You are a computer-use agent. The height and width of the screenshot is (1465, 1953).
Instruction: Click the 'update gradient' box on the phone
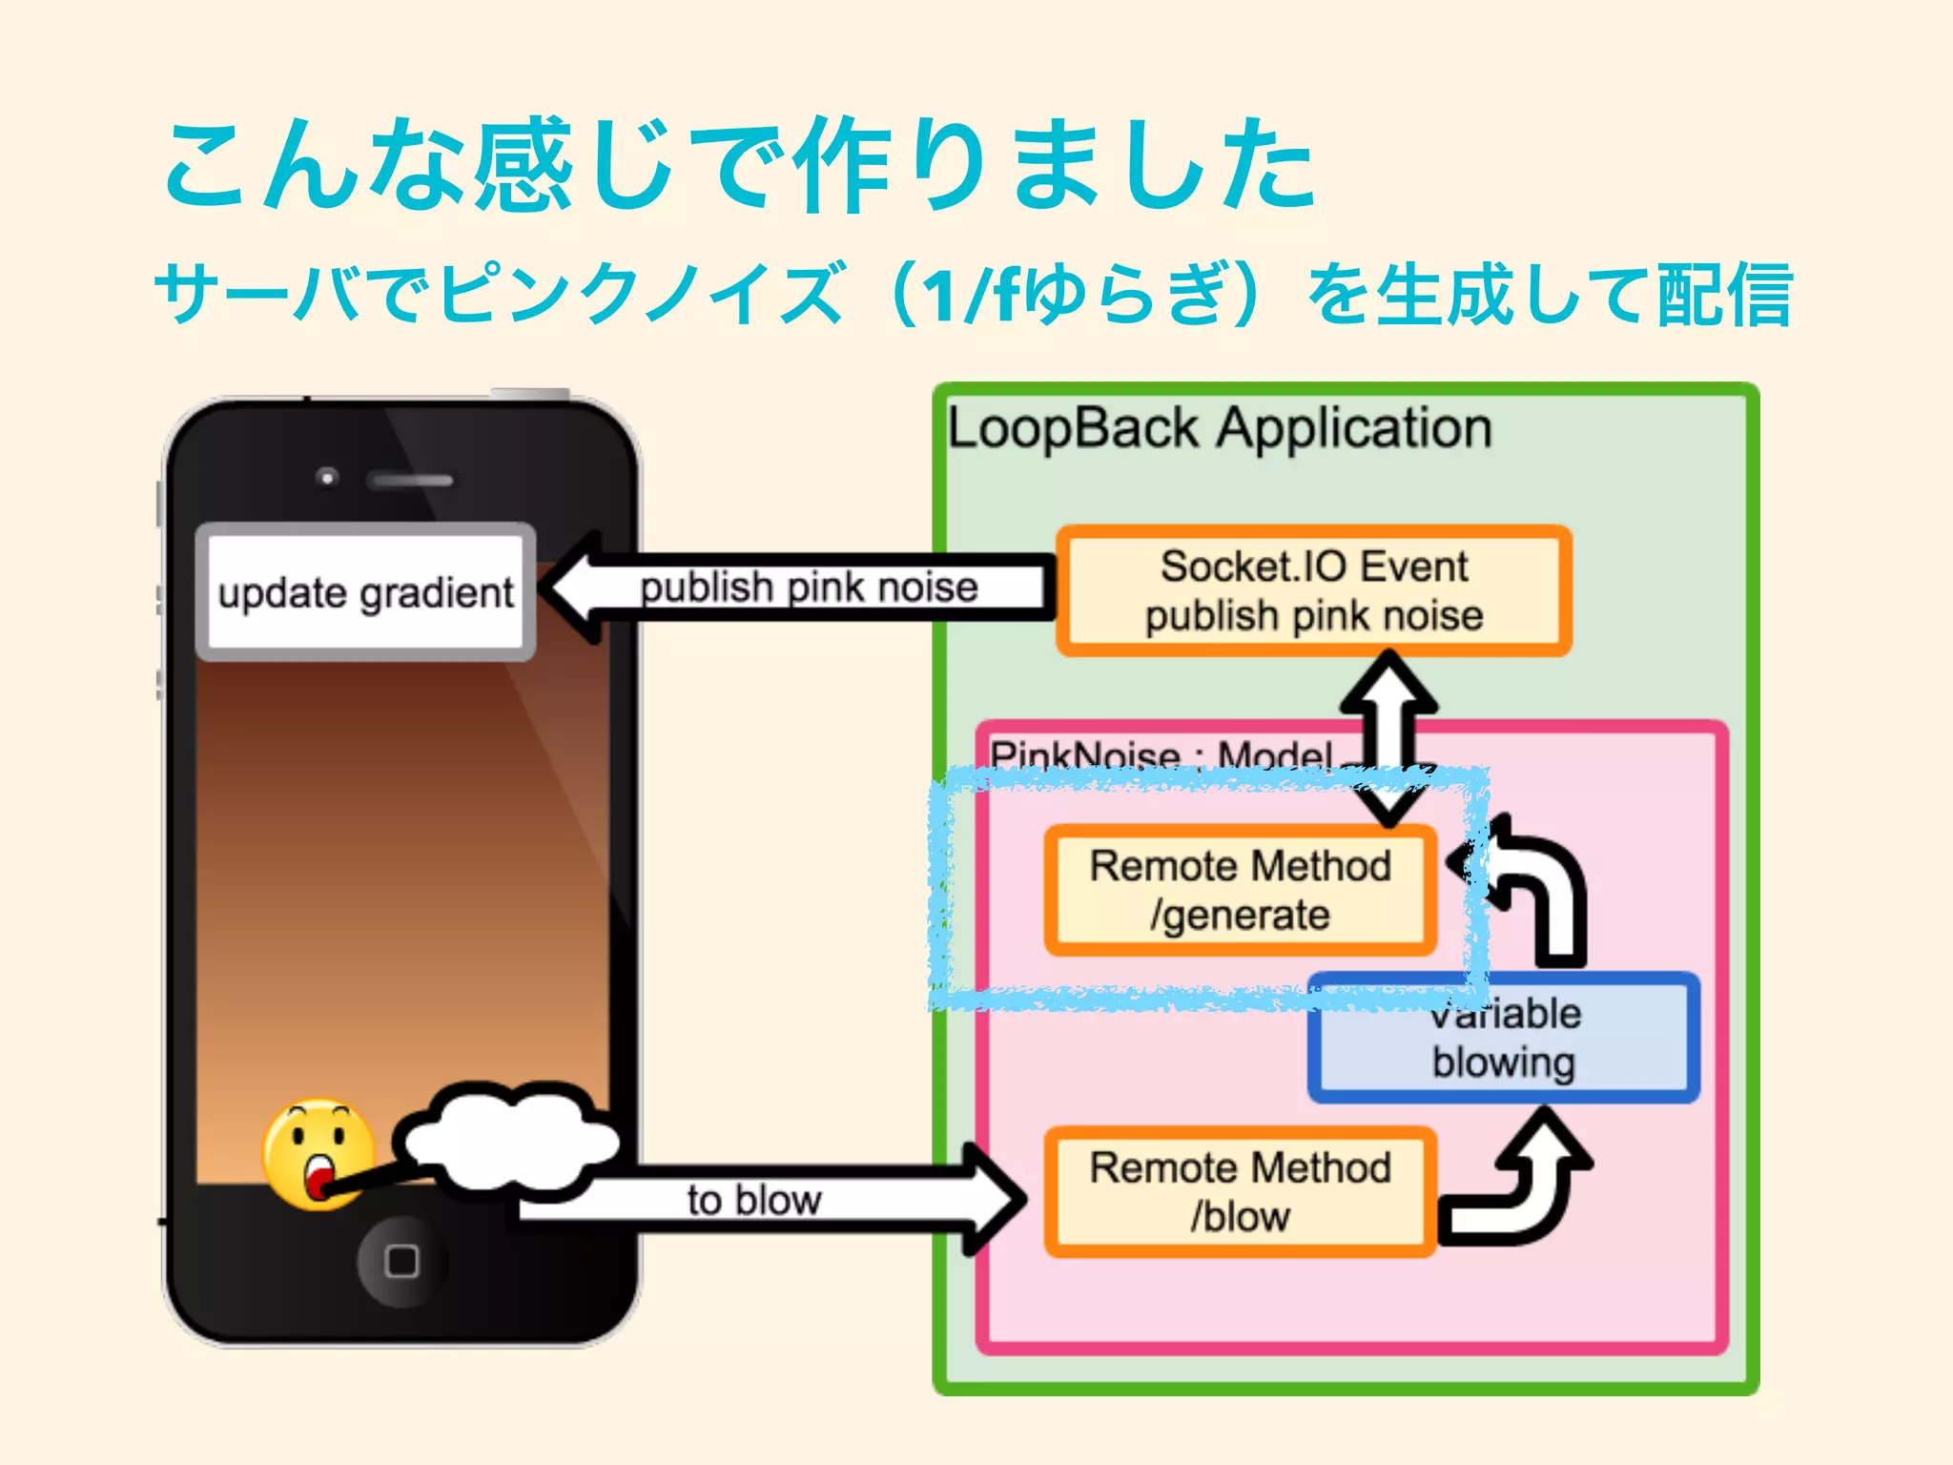tap(365, 591)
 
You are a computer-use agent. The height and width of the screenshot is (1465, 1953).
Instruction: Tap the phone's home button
tap(401, 1261)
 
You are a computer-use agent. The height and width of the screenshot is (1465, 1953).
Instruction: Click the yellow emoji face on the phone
tap(319, 1154)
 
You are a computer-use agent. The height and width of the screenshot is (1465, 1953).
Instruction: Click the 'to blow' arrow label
tap(753, 1200)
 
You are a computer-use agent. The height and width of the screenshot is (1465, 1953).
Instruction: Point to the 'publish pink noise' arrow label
tap(809, 588)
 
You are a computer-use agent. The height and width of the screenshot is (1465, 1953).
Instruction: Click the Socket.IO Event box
tap(1313, 590)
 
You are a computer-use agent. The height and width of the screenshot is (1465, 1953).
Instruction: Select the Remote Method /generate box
tap(1240, 890)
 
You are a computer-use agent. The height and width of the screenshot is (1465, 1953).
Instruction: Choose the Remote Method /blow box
tap(1240, 1191)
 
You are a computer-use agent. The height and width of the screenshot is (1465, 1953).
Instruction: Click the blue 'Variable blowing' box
tap(1504, 1039)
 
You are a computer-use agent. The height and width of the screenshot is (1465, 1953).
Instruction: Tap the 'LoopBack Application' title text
tap(1219, 428)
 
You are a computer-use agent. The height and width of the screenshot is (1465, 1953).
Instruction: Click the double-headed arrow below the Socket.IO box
tap(1388, 734)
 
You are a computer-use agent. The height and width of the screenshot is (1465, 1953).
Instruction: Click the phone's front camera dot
tap(327, 476)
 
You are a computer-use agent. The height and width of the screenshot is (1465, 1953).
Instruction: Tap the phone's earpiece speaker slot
tap(411, 480)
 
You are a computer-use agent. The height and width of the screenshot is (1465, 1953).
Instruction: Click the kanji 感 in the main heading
tap(523, 165)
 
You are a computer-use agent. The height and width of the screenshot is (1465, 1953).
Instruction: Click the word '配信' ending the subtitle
tap(1724, 295)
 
